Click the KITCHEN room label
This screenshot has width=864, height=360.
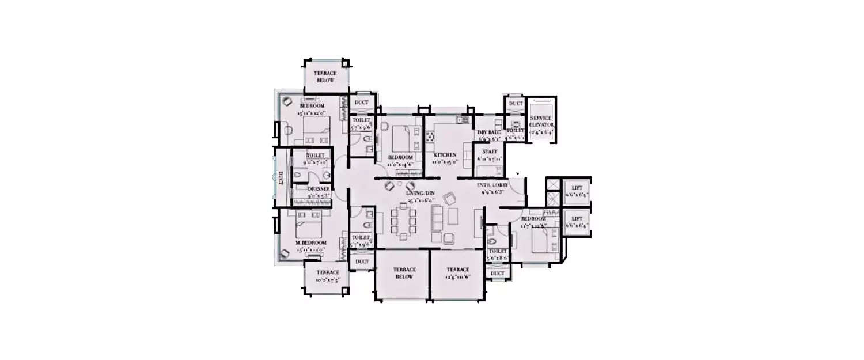tap(445, 155)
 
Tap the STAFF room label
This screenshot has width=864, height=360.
tap(489, 151)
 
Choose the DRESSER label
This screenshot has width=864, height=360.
tap(319, 188)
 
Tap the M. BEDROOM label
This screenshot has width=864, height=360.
tap(311, 242)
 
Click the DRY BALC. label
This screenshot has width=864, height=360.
tap(488, 132)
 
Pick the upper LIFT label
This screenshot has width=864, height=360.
tap(577, 188)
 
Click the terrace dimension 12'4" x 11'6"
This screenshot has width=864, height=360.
tap(457, 276)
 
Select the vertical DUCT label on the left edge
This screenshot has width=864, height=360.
tap(281, 179)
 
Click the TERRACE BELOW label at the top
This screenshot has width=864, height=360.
tap(325, 77)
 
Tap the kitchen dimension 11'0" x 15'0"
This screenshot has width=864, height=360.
tap(445, 162)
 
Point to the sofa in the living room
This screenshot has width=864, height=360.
tap(439, 219)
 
